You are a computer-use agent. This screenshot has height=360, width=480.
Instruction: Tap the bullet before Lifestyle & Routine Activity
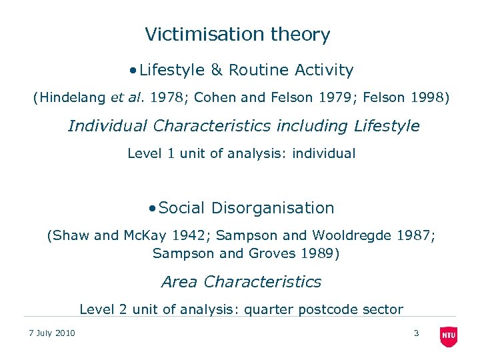pyautogui.click(x=134, y=70)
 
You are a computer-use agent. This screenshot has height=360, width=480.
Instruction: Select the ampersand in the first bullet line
pyautogui.click(x=217, y=70)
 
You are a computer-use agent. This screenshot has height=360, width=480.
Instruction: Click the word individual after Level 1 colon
pyautogui.click(x=325, y=153)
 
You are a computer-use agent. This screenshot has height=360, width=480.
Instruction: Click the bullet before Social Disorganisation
pyautogui.click(x=153, y=208)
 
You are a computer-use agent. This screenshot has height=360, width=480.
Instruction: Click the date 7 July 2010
pyautogui.click(x=52, y=333)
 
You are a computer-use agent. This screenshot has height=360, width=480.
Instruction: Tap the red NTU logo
pyautogui.click(x=449, y=337)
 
